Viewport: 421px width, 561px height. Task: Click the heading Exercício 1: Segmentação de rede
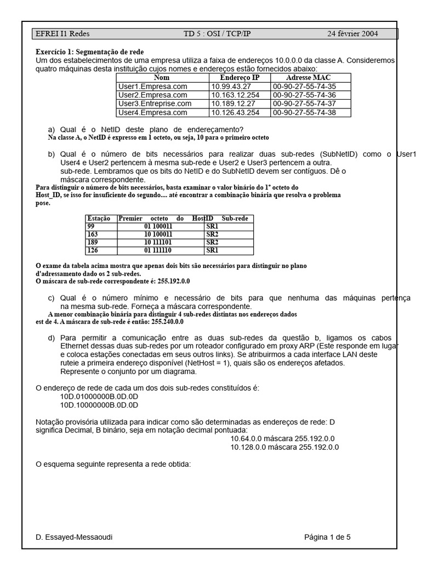point(89,51)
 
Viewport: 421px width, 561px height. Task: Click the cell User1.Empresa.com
point(152,87)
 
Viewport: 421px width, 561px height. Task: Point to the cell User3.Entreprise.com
point(155,104)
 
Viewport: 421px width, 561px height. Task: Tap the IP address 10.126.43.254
point(236,112)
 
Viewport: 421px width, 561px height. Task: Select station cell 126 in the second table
point(93,250)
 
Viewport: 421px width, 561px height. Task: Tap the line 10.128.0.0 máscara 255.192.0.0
point(285,447)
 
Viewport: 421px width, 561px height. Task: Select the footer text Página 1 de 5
point(327,537)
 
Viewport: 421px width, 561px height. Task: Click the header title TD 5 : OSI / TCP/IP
point(217,34)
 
